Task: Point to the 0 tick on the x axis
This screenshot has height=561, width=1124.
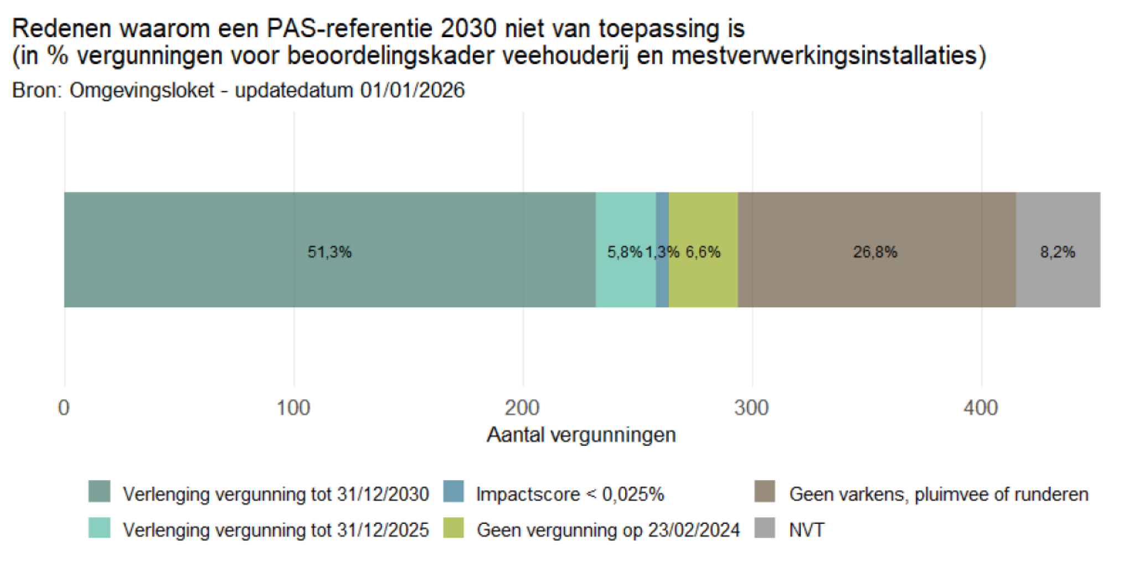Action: tap(64, 408)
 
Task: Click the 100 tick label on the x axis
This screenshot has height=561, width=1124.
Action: tap(293, 408)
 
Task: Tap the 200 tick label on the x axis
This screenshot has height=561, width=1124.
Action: tap(522, 408)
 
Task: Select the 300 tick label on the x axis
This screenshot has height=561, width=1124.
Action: tap(751, 408)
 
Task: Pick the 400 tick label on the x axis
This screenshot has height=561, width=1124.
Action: tap(981, 408)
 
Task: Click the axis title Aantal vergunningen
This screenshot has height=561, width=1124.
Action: tap(581, 435)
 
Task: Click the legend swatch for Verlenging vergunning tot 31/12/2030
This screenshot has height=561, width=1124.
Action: tap(99, 492)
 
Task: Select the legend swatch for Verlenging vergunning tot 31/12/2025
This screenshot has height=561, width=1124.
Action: tap(99, 528)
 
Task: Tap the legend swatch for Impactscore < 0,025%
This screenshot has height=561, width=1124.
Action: tap(453, 492)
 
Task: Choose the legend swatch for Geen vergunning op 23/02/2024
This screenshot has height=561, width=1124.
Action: tap(453, 528)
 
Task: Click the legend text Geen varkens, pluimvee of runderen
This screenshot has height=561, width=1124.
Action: tap(939, 494)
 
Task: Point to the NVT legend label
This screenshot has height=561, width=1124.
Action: tap(807, 530)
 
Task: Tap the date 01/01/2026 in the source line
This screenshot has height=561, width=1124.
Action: tap(412, 90)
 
